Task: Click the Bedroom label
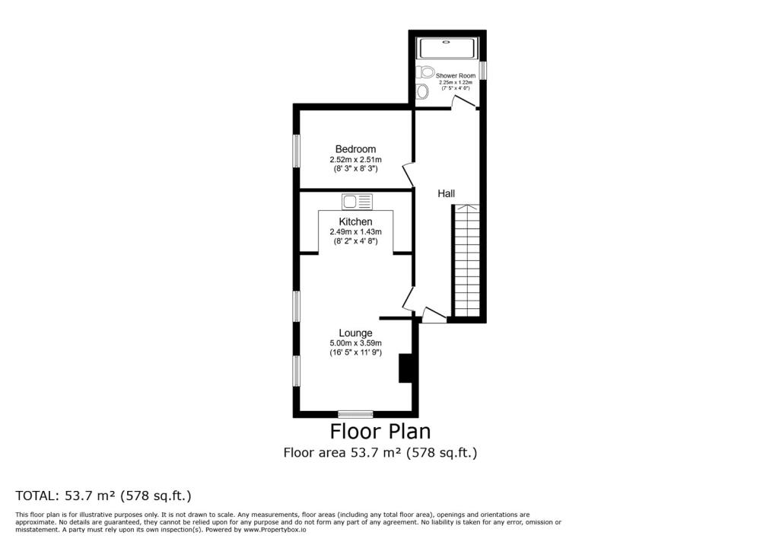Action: pos(355,149)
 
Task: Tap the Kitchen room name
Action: pos(355,222)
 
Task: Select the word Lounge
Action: pos(355,333)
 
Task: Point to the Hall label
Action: pos(446,194)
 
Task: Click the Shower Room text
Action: pos(455,76)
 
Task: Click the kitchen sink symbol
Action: pos(357,202)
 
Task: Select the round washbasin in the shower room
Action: pos(423,92)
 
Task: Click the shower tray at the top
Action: pos(448,48)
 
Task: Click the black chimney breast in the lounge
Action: pos(405,368)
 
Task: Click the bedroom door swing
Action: pos(408,174)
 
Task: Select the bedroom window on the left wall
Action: pos(297,150)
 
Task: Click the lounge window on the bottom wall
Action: pos(355,414)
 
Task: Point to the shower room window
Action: pos(482,71)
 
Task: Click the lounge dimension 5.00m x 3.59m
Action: pos(355,343)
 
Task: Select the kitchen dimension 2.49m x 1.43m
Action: pos(355,232)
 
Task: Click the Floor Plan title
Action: pos(380,432)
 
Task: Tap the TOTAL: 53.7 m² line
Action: pos(103,496)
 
